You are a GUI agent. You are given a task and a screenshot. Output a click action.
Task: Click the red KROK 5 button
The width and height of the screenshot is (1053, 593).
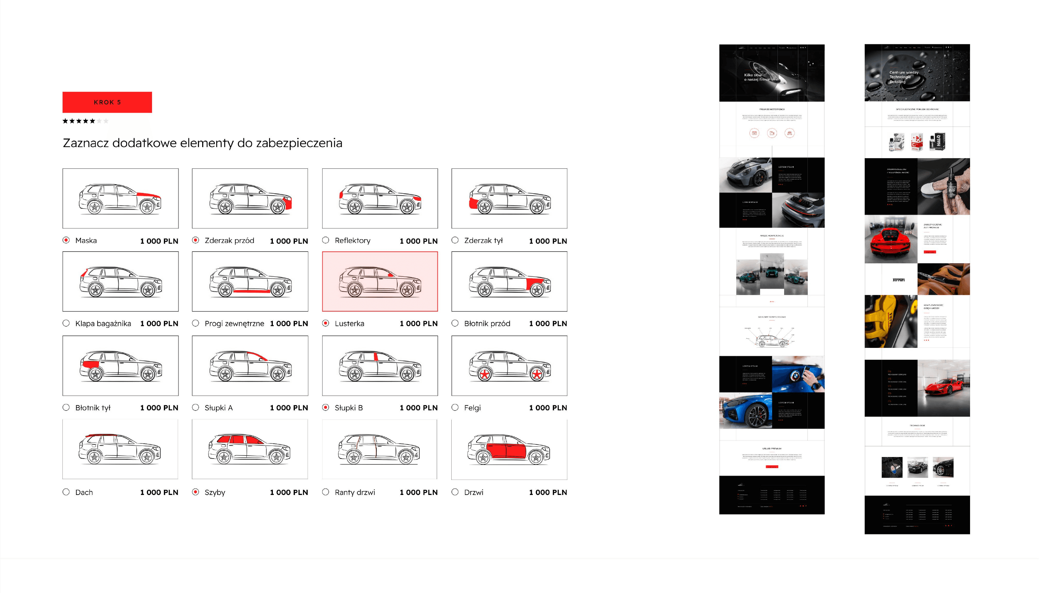tap(107, 102)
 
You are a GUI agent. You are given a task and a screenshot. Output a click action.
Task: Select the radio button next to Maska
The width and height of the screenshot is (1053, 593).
tap(66, 240)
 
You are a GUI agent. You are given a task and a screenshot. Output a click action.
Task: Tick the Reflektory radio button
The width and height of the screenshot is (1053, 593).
tap(325, 240)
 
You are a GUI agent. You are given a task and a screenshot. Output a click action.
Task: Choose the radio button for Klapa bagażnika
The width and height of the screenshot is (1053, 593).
tap(66, 323)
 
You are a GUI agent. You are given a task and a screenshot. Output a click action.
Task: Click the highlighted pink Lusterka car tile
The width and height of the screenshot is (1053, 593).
tap(380, 281)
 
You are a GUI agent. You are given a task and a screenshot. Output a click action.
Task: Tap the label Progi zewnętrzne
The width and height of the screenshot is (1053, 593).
tap(234, 323)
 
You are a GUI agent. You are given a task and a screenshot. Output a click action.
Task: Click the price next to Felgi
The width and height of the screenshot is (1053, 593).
tap(548, 408)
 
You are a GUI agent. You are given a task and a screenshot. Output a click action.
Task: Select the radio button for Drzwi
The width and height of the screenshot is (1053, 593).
tap(455, 492)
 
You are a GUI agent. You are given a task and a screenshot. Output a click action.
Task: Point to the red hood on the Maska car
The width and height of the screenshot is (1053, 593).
tap(148, 195)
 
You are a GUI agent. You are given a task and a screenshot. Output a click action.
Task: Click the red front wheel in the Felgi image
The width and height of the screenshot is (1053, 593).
tap(537, 374)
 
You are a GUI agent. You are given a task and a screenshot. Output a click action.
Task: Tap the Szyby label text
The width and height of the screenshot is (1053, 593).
tap(215, 492)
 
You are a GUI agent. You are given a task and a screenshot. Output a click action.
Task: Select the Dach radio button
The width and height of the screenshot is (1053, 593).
tap(66, 492)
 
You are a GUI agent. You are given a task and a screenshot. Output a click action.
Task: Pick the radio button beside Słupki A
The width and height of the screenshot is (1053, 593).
tap(196, 407)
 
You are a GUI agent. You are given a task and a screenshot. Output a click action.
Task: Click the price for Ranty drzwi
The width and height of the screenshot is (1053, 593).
tap(418, 492)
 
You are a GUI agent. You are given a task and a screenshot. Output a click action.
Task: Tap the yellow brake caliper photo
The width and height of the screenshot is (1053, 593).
tap(891, 321)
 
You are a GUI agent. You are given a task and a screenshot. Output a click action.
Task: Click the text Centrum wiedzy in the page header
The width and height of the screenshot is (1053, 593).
tap(904, 72)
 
